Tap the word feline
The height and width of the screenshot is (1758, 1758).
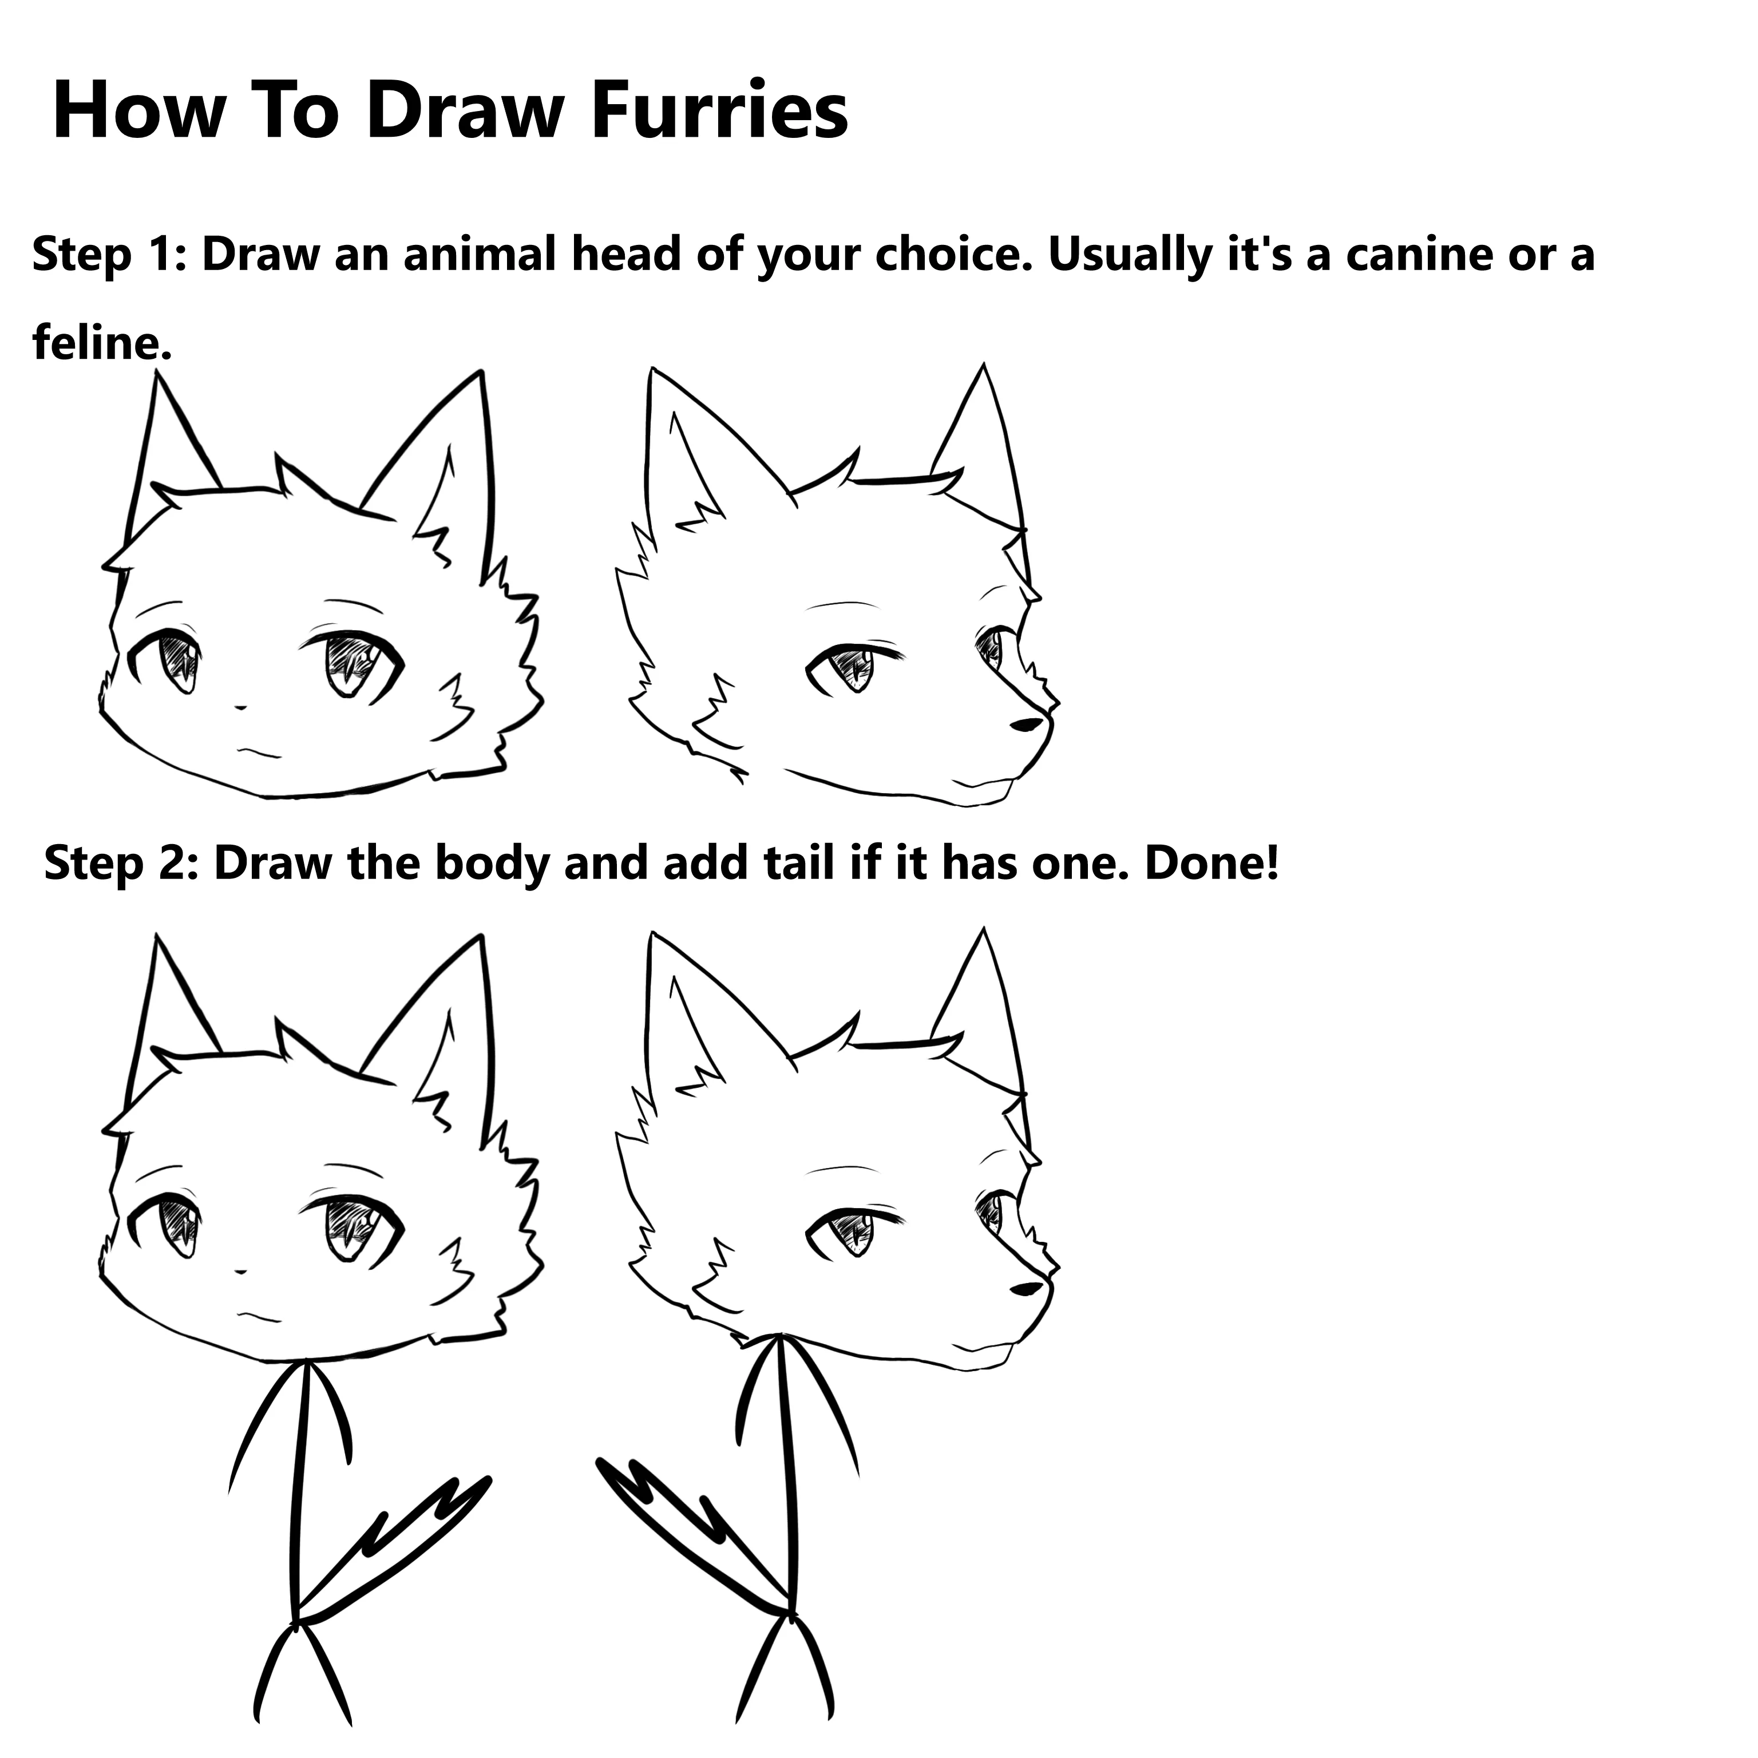pyautogui.click(x=101, y=343)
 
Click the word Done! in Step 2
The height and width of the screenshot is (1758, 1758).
pyautogui.click(x=1211, y=862)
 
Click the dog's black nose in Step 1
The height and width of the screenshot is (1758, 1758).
pyautogui.click(x=1027, y=724)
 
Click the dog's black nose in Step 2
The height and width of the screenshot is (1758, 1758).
pyautogui.click(x=1027, y=1289)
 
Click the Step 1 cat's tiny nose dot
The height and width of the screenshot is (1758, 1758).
pyautogui.click(x=241, y=706)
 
